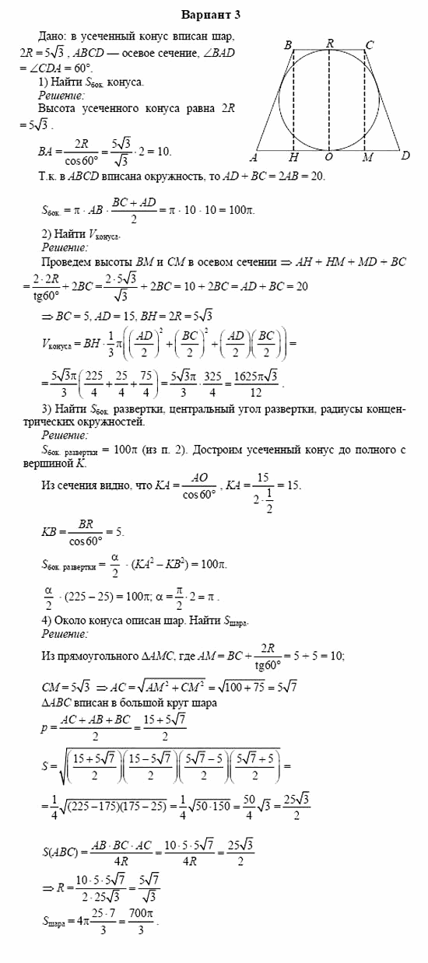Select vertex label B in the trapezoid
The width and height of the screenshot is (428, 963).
point(288,45)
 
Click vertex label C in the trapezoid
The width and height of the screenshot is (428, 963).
point(369,45)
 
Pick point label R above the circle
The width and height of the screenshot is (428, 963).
point(329,44)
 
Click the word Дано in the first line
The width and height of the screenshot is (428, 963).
point(52,36)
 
